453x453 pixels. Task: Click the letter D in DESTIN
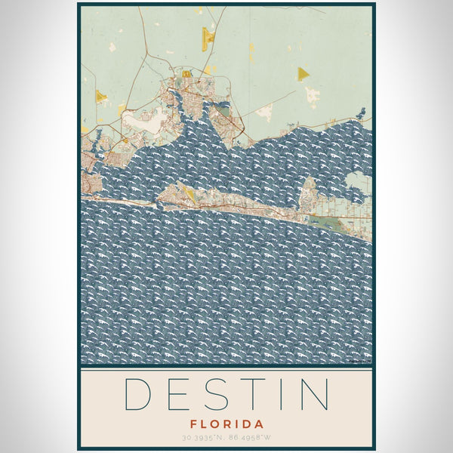(137, 394)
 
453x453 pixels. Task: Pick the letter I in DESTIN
(280, 394)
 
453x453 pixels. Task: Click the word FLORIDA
(226, 424)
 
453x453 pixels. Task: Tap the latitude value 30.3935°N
(204, 438)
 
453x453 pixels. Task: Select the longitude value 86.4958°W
(251, 438)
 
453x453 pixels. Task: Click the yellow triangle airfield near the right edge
(302, 73)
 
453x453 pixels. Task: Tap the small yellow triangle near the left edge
(100, 96)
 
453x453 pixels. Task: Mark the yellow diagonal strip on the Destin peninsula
(188, 193)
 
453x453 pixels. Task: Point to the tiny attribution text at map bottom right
(359, 362)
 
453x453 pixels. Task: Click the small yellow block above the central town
(186, 75)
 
